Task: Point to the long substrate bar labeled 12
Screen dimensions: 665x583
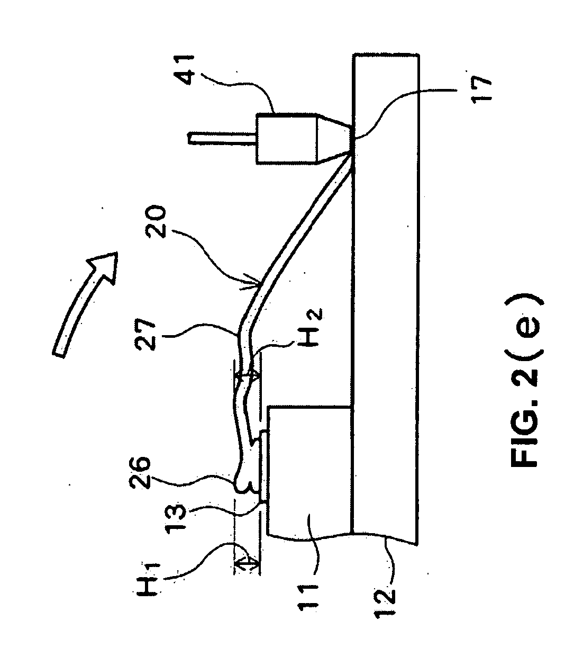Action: click(x=386, y=296)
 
